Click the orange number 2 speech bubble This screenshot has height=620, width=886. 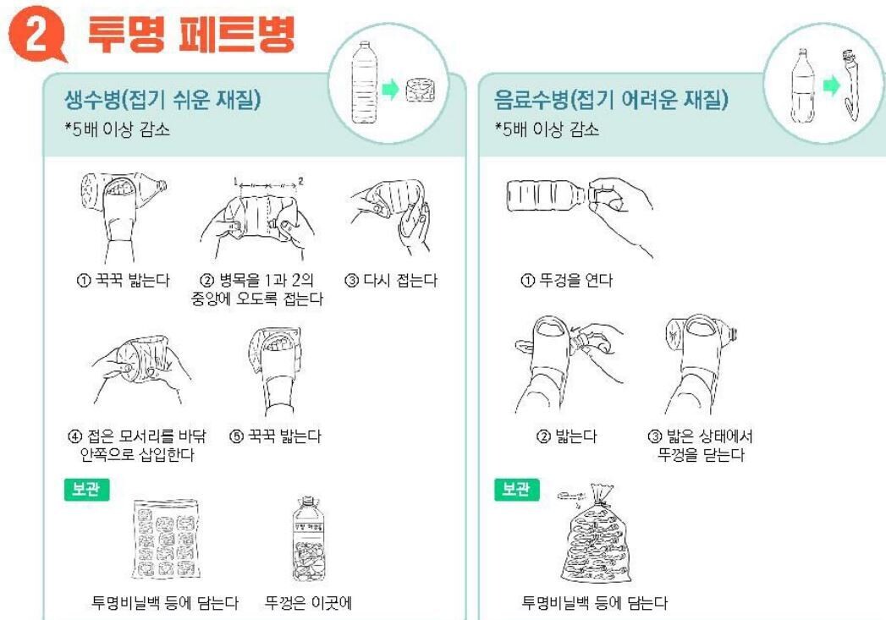(x=36, y=34)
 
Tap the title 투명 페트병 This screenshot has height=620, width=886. (x=192, y=35)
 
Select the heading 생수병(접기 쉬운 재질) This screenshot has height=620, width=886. (x=162, y=100)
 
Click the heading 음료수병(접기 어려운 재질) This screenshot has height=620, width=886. (x=611, y=100)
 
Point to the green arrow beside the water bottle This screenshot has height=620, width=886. (x=390, y=89)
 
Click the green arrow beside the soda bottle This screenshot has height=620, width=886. (x=831, y=85)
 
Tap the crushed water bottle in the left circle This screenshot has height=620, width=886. (x=421, y=90)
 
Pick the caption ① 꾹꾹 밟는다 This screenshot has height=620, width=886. (x=123, y=280)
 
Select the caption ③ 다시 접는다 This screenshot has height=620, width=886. (x=391, y=280)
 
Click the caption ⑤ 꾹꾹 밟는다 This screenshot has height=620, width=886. (x=275, y=436)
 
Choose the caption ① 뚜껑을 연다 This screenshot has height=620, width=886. (x=566, y=280)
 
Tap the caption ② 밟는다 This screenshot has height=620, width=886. (x=566, y=436)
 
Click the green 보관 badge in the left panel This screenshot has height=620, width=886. (x=86, y=489)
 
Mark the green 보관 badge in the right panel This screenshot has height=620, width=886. (x=516, y=489)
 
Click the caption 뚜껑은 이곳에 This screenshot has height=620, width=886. (x=309, y=603)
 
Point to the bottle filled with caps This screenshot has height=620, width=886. (x=308, y=540)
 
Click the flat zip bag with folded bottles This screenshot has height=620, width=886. (x=166, y=539)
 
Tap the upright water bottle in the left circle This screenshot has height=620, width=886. (x=363, y=82)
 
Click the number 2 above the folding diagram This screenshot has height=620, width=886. (x=300, y=181)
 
